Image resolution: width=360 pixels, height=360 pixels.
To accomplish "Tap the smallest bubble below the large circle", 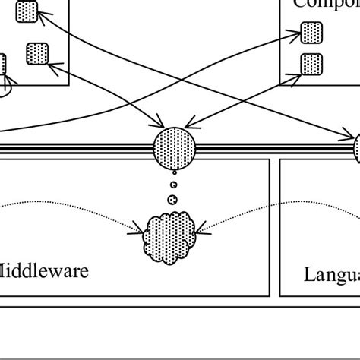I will [173, 185].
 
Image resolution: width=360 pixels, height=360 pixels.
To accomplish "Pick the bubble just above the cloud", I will [172, 200].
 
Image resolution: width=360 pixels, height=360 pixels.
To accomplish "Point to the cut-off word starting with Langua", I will [331, 274].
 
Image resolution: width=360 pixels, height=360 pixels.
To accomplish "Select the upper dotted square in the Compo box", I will [311, 32].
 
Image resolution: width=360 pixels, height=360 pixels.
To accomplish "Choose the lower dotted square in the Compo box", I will [311, 64].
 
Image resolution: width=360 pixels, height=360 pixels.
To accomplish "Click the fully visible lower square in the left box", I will [37, 54].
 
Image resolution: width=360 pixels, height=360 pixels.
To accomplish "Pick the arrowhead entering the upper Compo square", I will [298, 33].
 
